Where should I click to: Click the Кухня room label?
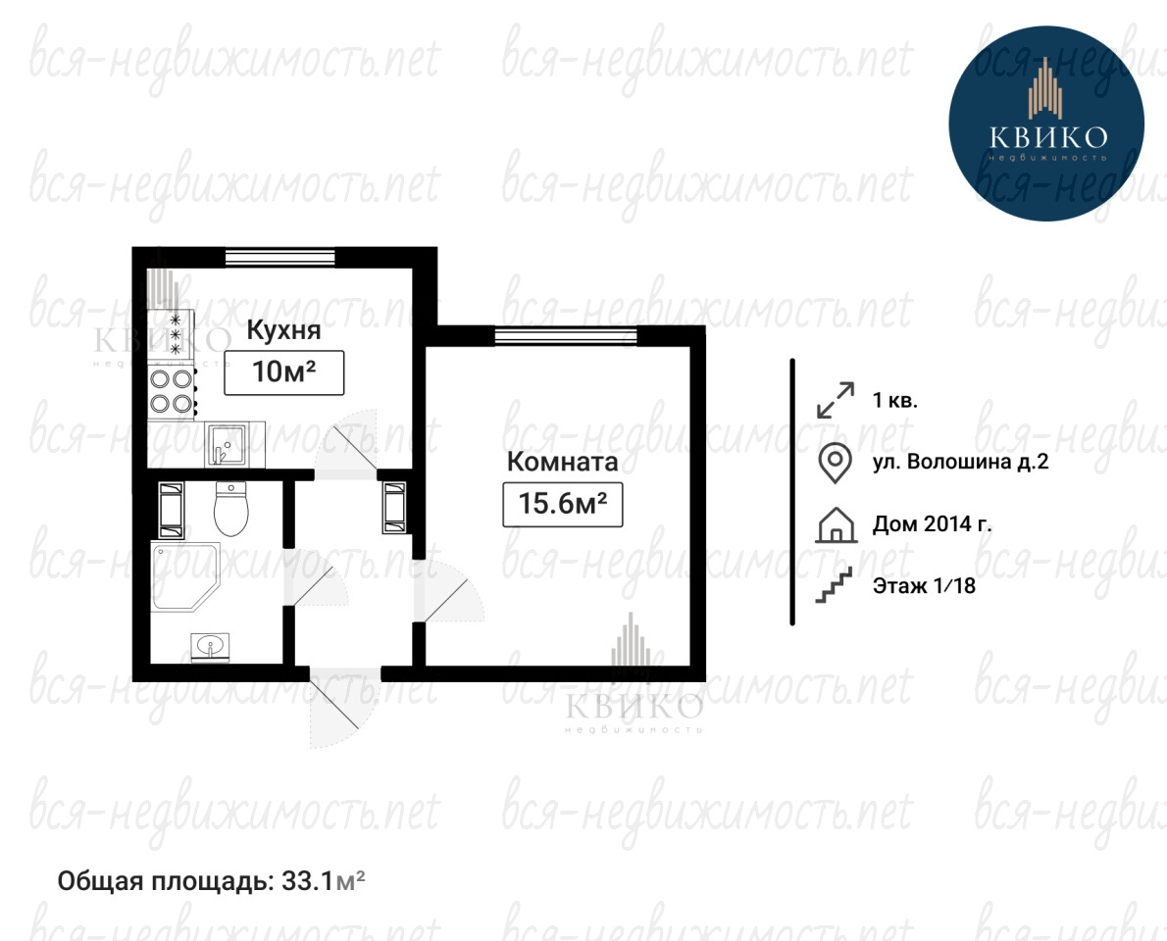point(283,330)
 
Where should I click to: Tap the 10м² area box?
point(284,371)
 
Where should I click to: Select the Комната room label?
point(562,462)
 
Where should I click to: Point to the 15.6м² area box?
point(563,505)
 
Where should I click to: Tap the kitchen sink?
point(226,445)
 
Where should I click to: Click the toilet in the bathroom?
point(230,509)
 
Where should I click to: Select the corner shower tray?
point(185,576)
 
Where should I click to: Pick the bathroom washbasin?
point(211,646)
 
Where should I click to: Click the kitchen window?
point(279,258)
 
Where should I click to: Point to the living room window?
point(566,336)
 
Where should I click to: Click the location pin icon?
point(836,463)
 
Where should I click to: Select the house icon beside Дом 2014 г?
point(836,524)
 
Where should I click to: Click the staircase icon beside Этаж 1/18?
point(835,585)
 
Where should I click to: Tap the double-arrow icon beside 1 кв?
point(836,400)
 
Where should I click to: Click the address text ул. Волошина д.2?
point(960,462)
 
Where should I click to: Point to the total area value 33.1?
point(306,881)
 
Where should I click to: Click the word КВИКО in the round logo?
point(1048,137)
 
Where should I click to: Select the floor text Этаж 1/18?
point(924,586)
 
